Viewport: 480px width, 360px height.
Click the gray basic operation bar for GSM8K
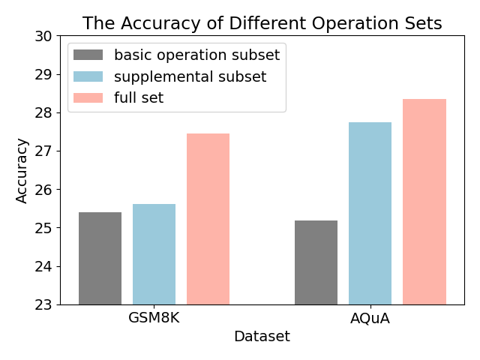(100, 258)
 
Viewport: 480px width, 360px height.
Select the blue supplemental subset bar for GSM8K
(154, 254)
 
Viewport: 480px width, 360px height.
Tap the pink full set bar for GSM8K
(208, 219)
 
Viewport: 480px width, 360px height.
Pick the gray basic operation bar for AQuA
(316, 262)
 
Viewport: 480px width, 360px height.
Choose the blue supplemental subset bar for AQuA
(370, 213)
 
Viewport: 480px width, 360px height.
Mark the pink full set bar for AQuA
(424, 202)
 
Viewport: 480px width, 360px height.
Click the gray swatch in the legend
(88, 55)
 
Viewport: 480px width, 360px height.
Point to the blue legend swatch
(88, 76)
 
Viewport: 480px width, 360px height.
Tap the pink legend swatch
(88, 97)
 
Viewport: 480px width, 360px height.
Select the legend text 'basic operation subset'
(196, 55)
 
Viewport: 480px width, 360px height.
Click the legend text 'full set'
(139, 97)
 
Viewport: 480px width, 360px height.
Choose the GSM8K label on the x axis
(154, 317)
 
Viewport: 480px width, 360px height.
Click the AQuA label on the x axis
(370, 317)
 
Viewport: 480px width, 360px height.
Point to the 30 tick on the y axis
(43, 36)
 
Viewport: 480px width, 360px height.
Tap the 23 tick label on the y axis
(43, 304)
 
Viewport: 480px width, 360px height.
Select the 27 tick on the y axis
(43, 151)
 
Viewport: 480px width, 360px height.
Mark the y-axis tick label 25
(43, 228)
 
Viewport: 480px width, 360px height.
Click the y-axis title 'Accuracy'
(22, 170)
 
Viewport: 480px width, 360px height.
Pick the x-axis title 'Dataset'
(262, 337)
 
